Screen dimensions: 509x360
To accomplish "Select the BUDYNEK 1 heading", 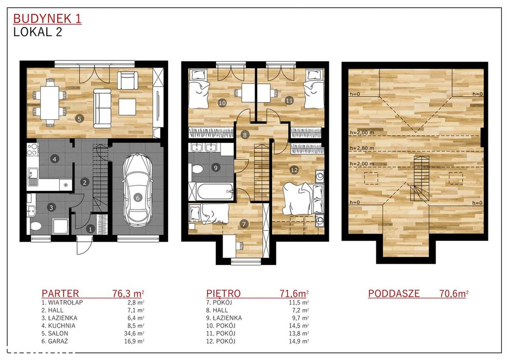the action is pos(47,19).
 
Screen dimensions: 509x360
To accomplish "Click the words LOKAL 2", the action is pos(38,32).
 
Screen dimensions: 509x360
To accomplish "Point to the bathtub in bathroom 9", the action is pos(211,191).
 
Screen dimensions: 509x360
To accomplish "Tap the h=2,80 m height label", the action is pos(361,148).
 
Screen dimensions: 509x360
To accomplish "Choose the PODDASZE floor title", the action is pos(394,294).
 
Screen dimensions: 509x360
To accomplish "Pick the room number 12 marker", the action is pos(294,170).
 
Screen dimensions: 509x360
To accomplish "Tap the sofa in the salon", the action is pos(103,108).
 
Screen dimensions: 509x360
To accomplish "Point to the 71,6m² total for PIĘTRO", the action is pos(294,294).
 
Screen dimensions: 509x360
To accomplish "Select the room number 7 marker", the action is pos(244,223).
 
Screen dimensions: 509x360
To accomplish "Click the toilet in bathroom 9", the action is pos(197,169).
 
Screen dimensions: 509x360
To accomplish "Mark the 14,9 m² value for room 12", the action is pos(299,341).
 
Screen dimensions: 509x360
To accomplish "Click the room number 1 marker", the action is pos(90,229).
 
